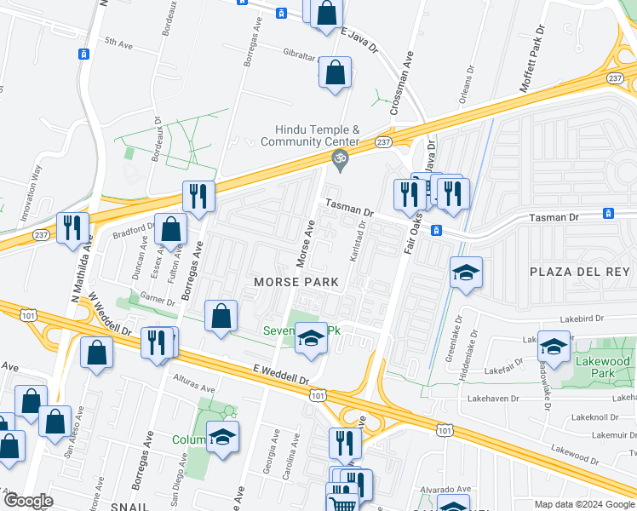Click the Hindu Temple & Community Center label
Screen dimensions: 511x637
(x=318, y=135)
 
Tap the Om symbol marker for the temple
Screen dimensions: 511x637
(x=339, y=158)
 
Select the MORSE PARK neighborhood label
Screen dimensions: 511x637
(x=294, y=282)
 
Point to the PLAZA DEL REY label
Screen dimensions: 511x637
(x=580, y=272)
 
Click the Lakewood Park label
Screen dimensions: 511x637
(x=608, y=367)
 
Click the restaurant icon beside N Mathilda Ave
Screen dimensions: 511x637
(x=72, y=227)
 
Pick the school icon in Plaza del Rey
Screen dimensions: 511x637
(x=466, y=273)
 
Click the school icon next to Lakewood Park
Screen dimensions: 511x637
(x=554, y=347)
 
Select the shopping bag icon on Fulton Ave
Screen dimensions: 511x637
(x=171, y=228)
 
